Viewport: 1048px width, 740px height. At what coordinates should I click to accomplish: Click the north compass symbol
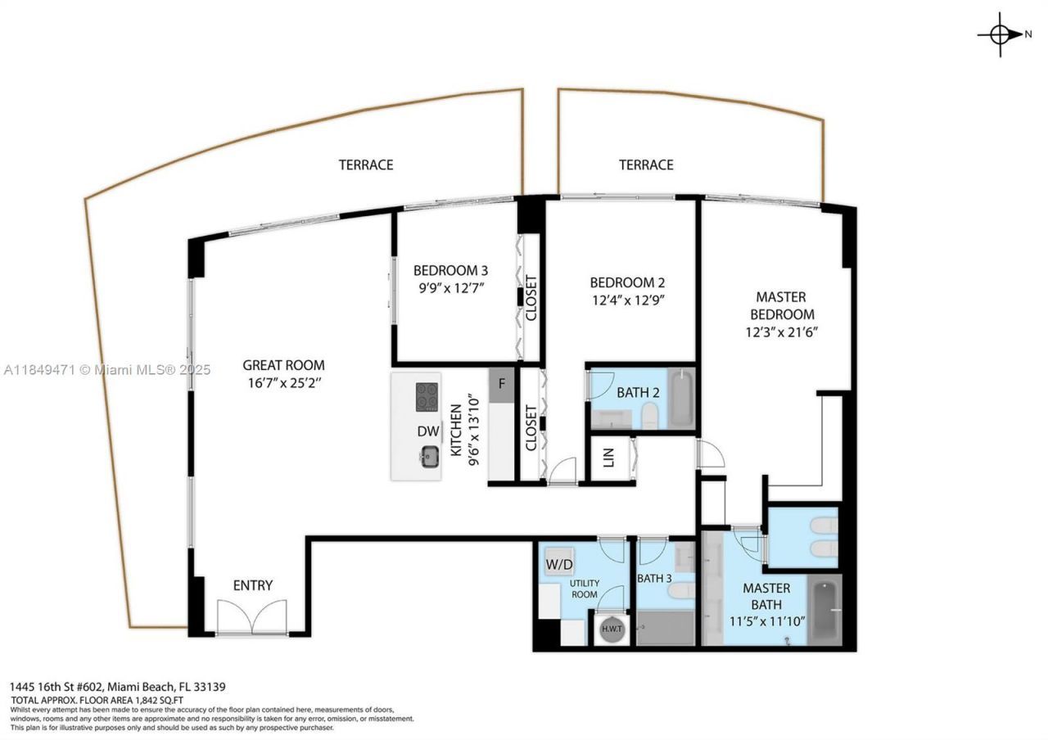click(x=1001, y=34)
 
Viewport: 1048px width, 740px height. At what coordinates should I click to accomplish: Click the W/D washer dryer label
click(x=559, y=564)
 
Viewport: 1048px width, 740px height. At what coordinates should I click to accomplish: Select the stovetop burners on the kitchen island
click(x=427, y=396)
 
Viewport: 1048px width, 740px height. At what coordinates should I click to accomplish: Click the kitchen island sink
click(x=428, y=458)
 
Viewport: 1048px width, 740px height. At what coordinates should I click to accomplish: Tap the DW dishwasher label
click(x=427, y=431)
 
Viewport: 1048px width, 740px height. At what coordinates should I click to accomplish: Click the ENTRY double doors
click(x=252, y=616)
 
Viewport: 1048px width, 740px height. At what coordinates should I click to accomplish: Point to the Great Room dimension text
click(x=283, y=382)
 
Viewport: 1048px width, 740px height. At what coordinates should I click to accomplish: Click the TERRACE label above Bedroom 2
click(x=646, y=165)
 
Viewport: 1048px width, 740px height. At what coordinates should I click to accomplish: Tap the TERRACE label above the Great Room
click(x=366, y=165)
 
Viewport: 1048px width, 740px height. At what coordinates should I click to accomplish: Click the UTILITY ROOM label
click(x=585, y=589)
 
